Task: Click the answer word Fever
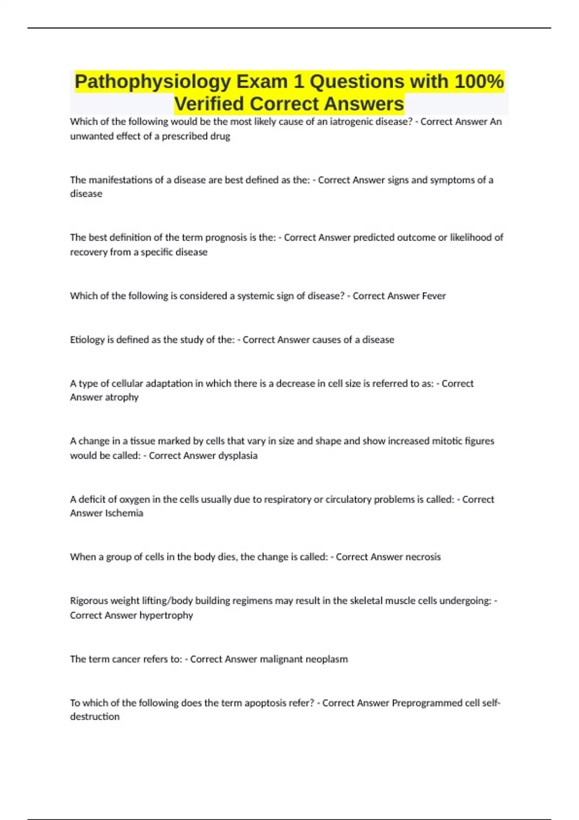(x=434, y=296)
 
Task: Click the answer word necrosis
(x=423, y=557)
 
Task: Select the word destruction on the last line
(x=95, y=717)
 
